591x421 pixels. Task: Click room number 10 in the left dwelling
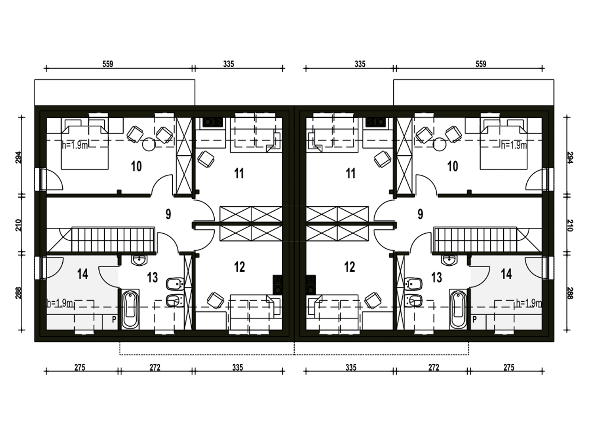(136, 166)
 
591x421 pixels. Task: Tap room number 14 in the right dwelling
(507, 274)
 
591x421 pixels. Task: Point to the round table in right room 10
(439, 144)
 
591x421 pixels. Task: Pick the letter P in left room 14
(114, 320)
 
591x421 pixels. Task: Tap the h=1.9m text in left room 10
(75, 145)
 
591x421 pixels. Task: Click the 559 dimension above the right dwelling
(481, 64)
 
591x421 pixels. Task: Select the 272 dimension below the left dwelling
(155, 367)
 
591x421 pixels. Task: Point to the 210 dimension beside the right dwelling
(570, 226)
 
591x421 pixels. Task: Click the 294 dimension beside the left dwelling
(18, 158)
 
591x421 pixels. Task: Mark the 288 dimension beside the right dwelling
(570, 293)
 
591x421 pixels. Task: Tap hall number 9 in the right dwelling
(420, 214)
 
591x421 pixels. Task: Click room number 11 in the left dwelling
(239, 173)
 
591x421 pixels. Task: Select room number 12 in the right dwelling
(350, 267)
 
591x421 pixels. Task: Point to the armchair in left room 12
(215, 300)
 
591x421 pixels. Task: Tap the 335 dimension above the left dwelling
(229, 64)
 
